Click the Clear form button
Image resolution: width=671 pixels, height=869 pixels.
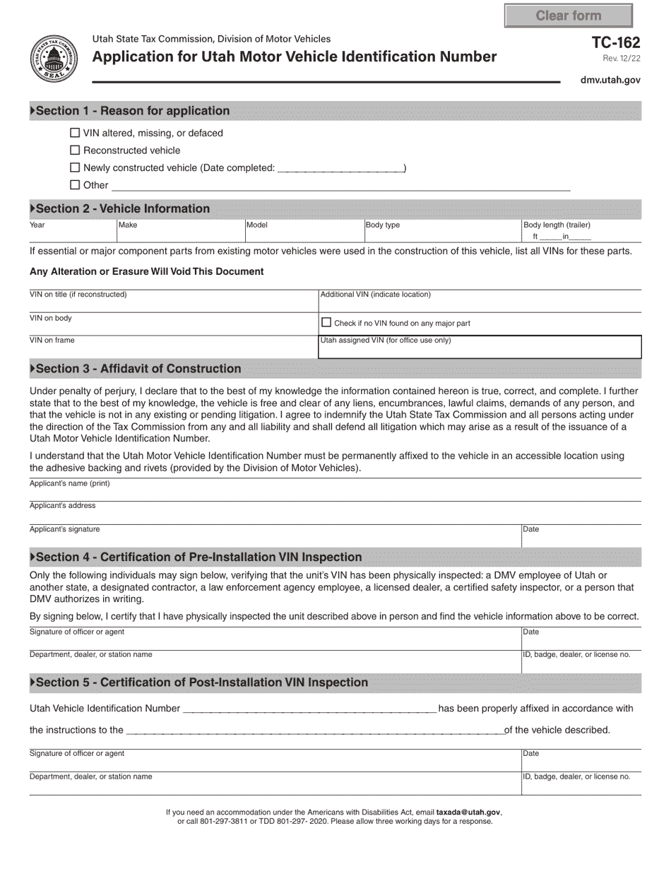click(x=568, y=16)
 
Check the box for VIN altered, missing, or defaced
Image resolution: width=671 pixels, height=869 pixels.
click(x=75, y=133)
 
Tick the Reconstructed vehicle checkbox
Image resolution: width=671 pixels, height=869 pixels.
click(x=75, y=150)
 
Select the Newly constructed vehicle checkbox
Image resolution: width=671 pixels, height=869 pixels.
click(x=75, y=167)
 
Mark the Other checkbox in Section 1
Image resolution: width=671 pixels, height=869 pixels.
click(x=75, y=185)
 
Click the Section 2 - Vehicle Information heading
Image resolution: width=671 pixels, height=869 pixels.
click(x=122, y=208)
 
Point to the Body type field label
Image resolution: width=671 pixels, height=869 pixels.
click(x=382, y=225)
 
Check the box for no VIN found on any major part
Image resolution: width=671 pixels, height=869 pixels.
click(x=326, y=322)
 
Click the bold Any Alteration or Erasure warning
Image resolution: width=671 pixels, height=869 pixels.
click(x=147, y=271)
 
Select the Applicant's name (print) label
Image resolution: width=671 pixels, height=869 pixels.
click(x=69, y=484)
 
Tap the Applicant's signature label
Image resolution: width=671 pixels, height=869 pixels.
click(x=64, y=529)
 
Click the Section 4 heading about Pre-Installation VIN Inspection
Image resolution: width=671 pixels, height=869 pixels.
click(x=198, y=557)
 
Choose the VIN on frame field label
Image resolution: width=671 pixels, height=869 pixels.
click(x=52, y=341)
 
